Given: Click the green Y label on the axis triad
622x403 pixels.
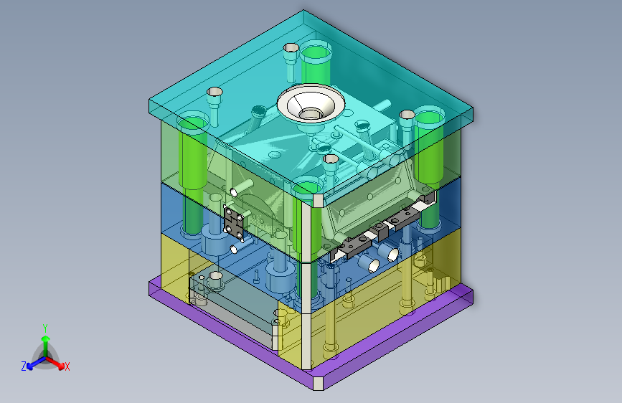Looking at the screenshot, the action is tap(45, 328).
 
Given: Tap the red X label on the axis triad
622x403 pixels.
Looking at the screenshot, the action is tap(67, 366).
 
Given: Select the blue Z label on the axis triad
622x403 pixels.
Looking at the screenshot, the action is tap(24, 366).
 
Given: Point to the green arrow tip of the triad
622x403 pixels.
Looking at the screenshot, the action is tap(46, 338).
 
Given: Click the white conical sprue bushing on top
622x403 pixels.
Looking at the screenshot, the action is tap(311, 103).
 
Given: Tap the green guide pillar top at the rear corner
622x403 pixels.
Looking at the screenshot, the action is tap(316, 52).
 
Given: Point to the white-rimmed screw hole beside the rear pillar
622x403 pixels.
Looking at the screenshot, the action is tap(291, 48).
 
